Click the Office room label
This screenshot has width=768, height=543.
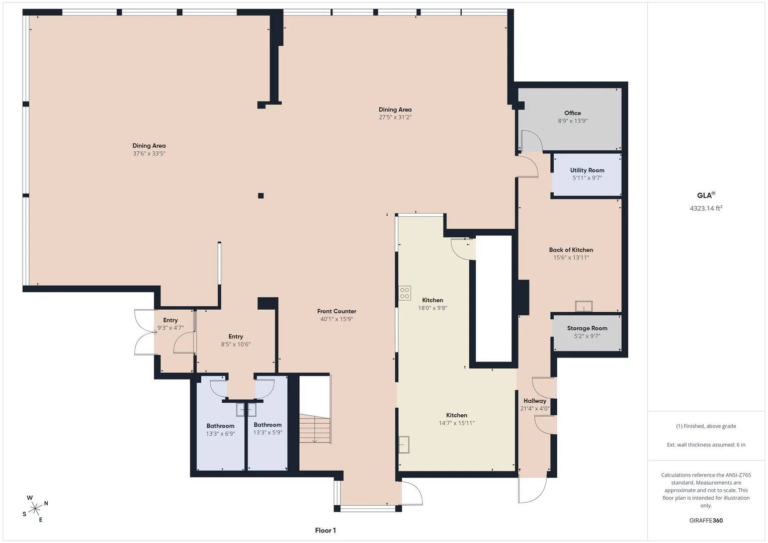coord(572,113)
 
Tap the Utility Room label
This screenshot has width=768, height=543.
coord(587,170)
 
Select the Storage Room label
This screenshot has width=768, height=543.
coord(587,328)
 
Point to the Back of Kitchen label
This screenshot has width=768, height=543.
coord(571,250)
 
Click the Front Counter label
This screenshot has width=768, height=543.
coord(336,311)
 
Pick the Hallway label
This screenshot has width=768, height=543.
coord(535,401)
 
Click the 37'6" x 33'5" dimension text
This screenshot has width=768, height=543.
coord(149,153)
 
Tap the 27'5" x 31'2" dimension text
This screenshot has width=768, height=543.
coord(395,117)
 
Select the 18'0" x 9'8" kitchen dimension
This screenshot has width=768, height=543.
coord(433,308)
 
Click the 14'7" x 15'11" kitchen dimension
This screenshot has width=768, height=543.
coord(456,423)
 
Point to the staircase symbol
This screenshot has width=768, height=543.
coord(315,428)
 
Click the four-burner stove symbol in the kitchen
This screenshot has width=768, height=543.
coord(404,293)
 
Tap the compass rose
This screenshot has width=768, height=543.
coord(35,509)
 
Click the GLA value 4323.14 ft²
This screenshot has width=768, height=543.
coord(706,208)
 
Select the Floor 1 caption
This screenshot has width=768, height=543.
coord(325,530)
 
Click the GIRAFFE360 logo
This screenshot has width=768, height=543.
coord(706,520)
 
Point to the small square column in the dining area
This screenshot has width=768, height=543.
coord(261,196)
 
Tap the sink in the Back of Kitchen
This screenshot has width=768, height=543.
coord(583,306)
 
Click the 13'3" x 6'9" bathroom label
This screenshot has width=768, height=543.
coord(220,433)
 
